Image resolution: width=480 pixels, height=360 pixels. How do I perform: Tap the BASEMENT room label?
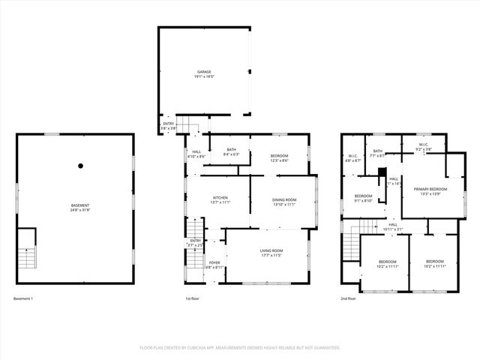(x=80, y=207)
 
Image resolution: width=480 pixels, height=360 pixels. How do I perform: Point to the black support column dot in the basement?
(x=80, y=166)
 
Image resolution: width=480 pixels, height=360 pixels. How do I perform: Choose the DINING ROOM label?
(x=283, y=201)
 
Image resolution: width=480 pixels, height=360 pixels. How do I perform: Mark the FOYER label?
(x=214, y=264)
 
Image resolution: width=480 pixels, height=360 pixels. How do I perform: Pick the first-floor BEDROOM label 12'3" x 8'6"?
(x=279, y=158)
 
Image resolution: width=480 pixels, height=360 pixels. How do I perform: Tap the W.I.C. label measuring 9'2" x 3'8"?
(x=423, y=147)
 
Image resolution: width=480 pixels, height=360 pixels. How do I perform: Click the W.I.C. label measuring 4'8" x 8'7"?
(x=352, y=158)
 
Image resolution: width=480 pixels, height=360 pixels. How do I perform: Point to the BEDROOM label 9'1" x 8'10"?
(x=363, y=198)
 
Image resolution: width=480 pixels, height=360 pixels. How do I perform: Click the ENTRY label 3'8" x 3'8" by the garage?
(x=169, y=126)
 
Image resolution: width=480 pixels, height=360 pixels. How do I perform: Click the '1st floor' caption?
(x=193, y=298)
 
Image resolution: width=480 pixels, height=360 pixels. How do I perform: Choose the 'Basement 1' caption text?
(x=23, y=298)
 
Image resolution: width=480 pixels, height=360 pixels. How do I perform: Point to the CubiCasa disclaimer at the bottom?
(x=240, y=348)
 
